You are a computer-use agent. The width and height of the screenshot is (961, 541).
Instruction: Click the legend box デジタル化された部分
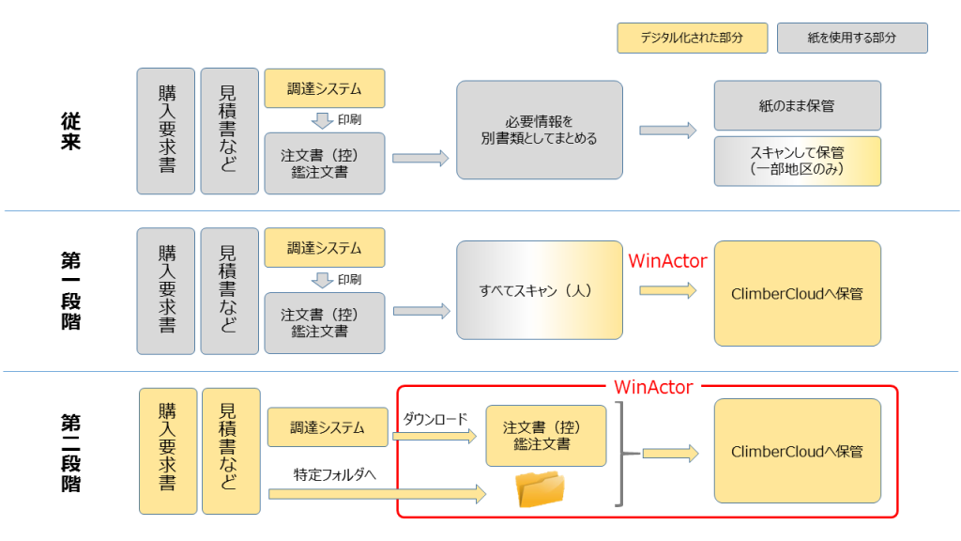tap(692, 38)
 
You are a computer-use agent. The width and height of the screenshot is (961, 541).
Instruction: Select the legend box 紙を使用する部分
tap(852, 38)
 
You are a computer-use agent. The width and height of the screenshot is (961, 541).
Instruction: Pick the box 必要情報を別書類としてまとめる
tap(540, 130)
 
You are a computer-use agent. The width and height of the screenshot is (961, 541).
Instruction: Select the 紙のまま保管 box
tap(797, 105)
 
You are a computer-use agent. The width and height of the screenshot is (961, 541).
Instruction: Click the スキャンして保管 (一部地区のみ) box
tap(797, 161)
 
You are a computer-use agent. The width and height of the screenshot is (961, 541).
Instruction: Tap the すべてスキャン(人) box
tap(540, 290)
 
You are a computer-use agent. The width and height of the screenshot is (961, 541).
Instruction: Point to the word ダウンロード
tap(435, 419)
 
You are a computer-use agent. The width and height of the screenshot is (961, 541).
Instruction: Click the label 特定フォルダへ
tap(335, 475)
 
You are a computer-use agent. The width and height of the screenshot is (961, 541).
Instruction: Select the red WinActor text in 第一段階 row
tap(667, 260)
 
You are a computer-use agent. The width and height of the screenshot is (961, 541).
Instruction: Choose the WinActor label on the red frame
tap(653, 386)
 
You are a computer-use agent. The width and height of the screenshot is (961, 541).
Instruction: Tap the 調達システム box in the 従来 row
tap(325, 88)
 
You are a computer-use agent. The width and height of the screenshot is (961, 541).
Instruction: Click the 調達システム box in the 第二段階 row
tap(328, 427)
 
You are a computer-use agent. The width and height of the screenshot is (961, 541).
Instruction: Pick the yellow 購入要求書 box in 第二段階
tap(168, 451)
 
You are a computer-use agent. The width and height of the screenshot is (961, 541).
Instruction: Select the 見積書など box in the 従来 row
tap(229, 131)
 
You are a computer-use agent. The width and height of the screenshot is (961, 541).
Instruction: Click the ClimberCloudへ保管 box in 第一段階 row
tap(797, 293)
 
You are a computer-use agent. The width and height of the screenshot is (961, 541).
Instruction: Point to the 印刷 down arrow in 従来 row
tap(323, 120)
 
